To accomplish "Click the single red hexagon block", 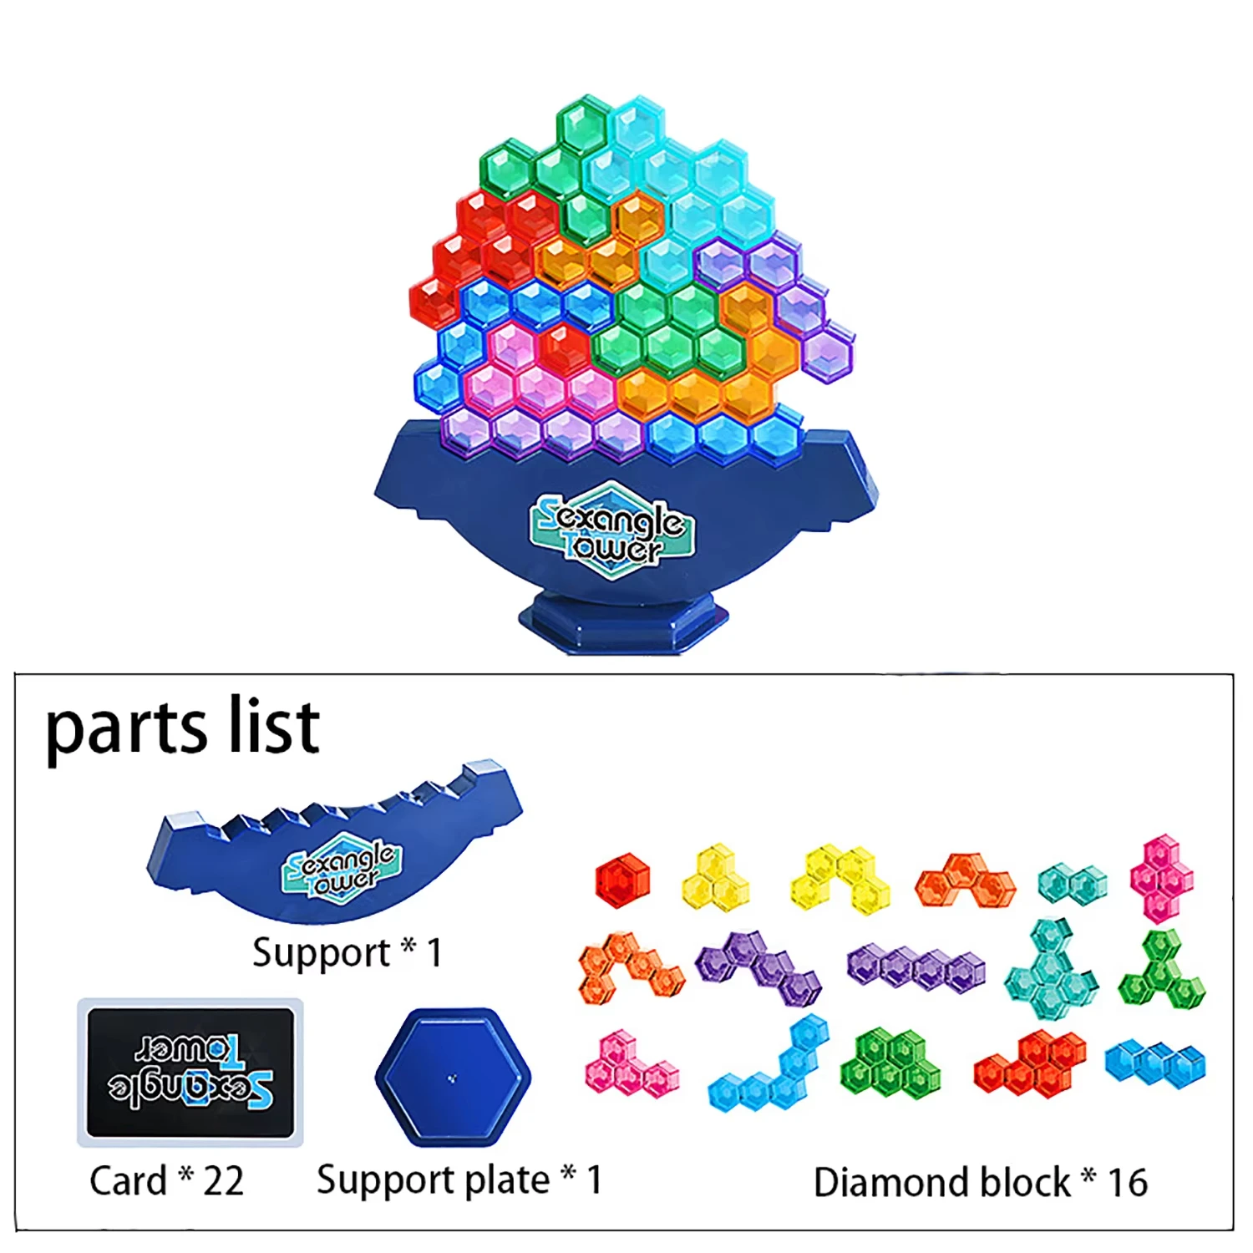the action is (x=622, y=880).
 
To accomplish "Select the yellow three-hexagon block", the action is (x=717, y=880).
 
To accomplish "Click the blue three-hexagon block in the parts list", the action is (x=1155, y=1063).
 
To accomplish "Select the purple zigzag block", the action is (x=758, y=966).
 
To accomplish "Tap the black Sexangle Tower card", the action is (x=190, y=1072).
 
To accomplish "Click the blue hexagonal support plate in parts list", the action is (x=453, y=1077).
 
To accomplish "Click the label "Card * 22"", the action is (x=166, y=1181).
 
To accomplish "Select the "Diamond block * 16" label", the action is (x=980, y=1183).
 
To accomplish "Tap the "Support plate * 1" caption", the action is (x=459, y=1180).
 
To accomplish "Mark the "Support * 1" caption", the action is (x=347, y=953).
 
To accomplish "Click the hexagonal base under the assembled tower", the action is (x=622, y=622).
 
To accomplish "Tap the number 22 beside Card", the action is (x=223, y=1181).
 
